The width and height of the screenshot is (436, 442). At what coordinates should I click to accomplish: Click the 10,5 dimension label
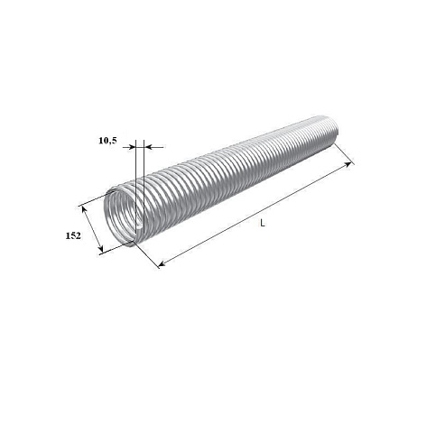[107, 141]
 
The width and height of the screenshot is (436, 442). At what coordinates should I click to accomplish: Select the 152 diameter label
[73, 235]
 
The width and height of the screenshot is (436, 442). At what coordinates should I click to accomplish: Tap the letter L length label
[263, 223]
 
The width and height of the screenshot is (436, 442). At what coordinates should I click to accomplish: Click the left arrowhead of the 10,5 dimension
[132, 147]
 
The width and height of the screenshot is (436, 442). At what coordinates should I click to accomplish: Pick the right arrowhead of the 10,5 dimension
[148, 147]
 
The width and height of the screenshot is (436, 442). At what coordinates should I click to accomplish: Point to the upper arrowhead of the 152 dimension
[84, 209]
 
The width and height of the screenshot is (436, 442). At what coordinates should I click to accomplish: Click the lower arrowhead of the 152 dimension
[101, 249]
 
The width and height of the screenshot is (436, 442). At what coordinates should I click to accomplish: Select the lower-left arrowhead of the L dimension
[162, 263]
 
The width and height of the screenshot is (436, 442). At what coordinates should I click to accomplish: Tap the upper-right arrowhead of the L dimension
[348, 164]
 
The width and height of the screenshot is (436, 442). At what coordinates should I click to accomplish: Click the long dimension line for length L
[255, 214]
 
